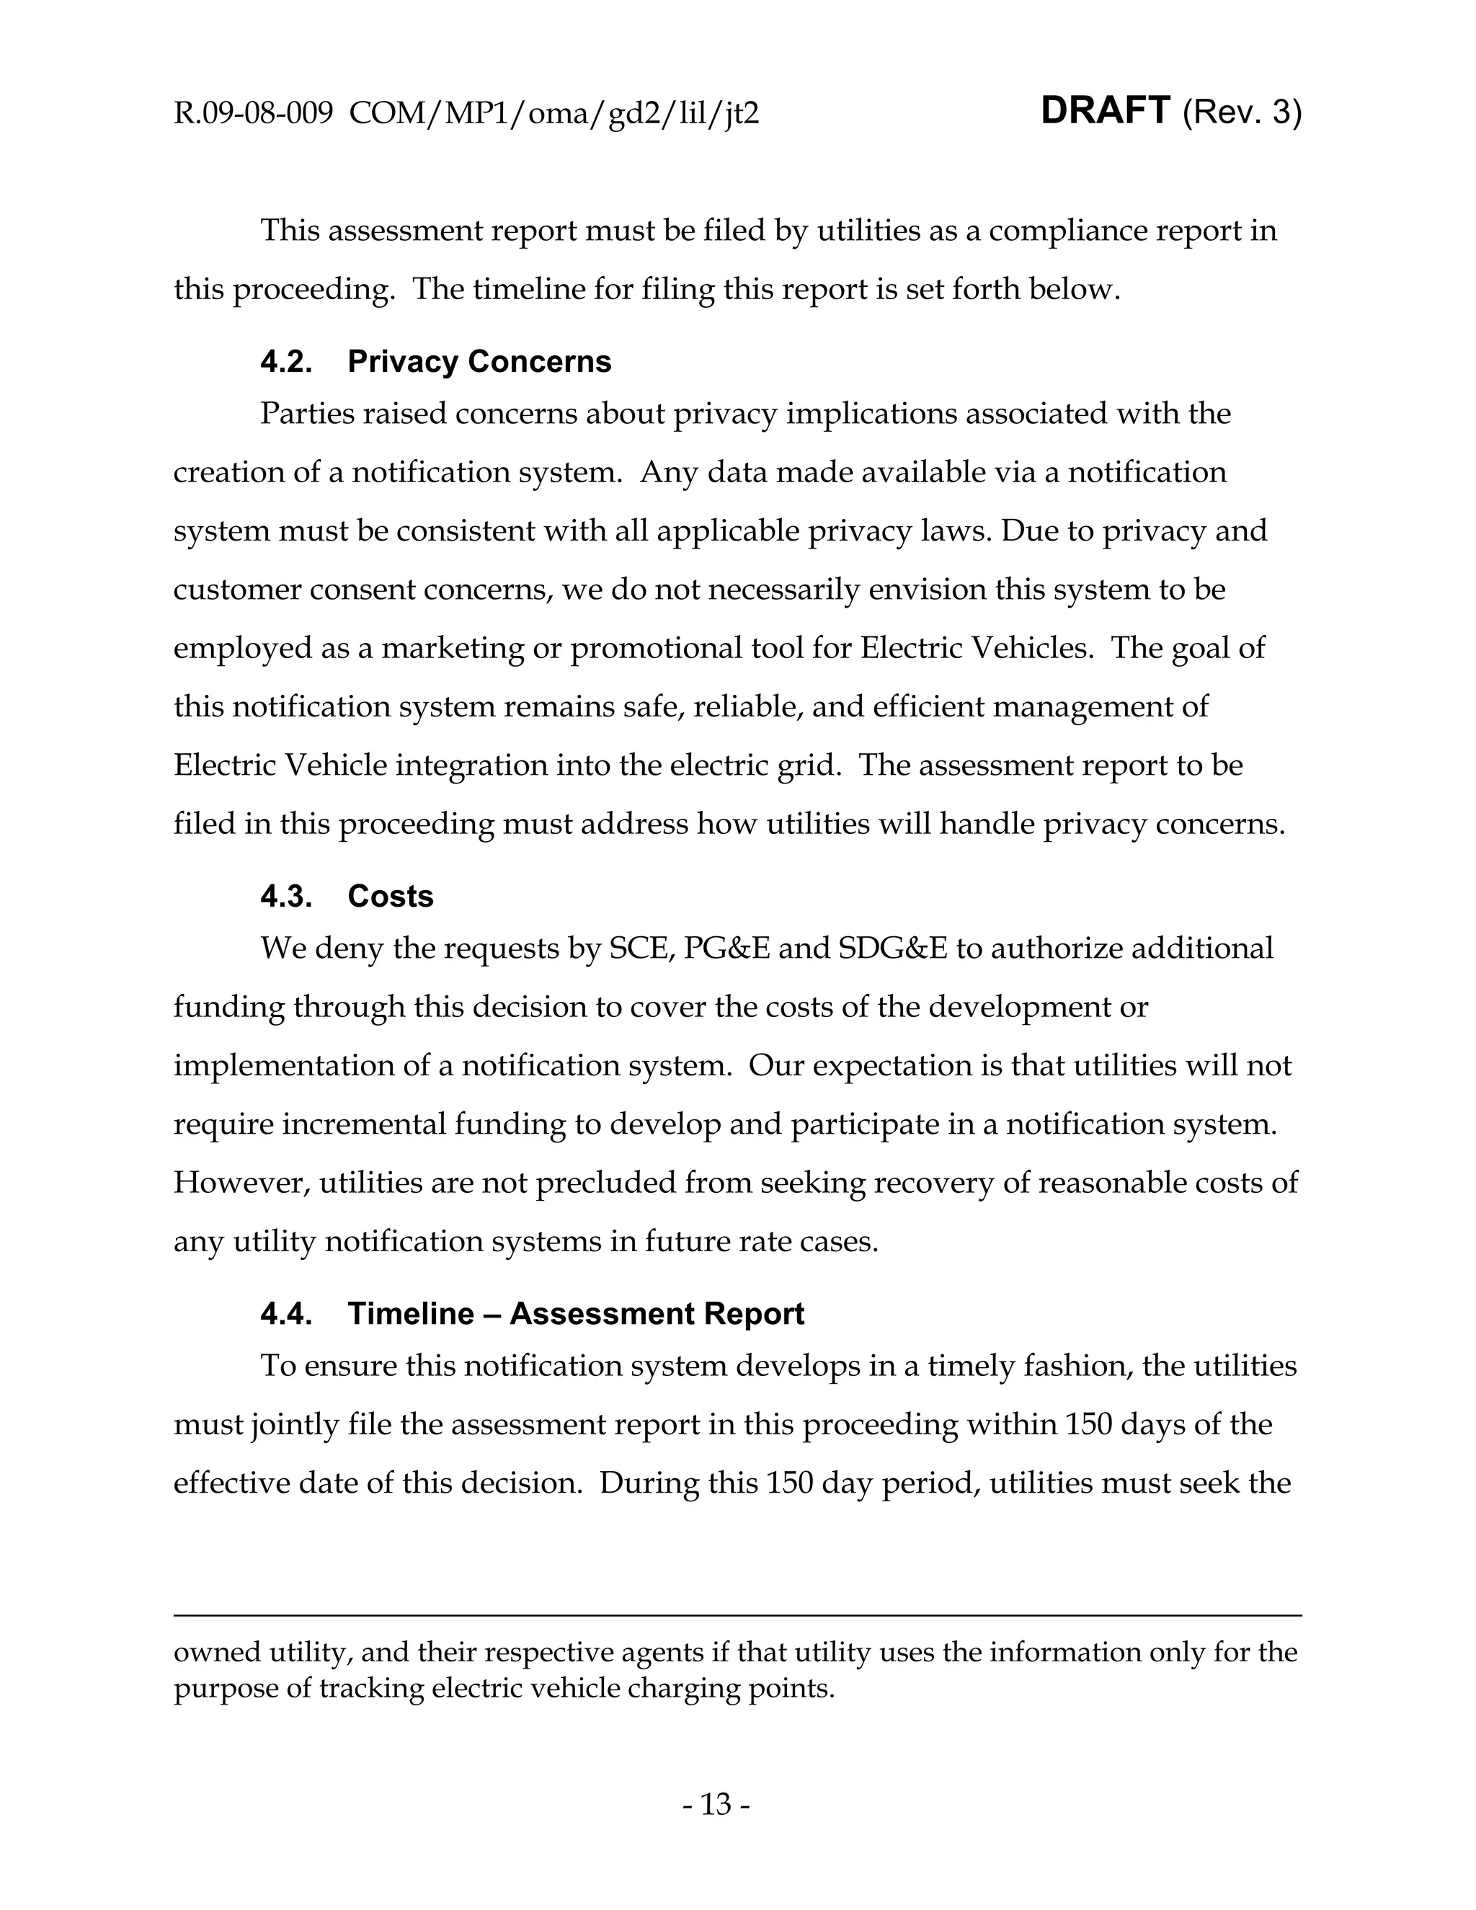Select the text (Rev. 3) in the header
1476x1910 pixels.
click(x=1242, y=113)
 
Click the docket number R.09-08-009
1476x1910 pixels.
click(x=253, y=114)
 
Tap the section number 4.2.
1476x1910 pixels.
click(x=286, y=361)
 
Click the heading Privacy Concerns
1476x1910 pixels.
click(x=479, y=361)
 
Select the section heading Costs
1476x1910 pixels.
click(x=390, y=897)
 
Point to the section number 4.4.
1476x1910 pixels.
click(x=286, y=1313)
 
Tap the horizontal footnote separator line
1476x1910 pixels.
click(x=737, y=1616)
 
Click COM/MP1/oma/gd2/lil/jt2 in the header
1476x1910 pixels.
click(x=553, y=114)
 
